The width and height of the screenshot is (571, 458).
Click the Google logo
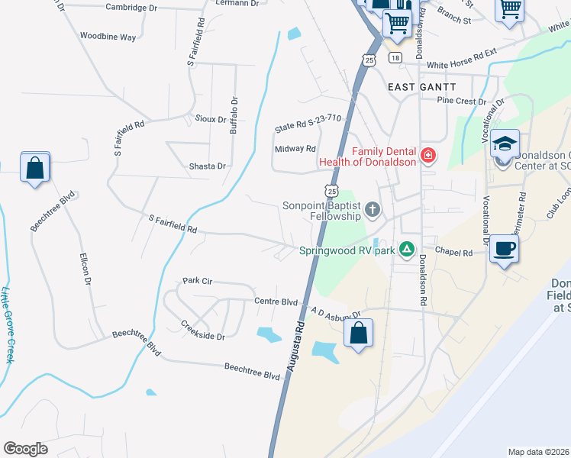click(26, 449)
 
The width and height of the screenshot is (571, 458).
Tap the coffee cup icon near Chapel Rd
click(505, 249)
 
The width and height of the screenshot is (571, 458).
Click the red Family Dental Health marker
click(428, 156)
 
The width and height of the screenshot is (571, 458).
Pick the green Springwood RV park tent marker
click(408, 250)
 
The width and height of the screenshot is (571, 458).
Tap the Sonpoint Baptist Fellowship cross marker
click(373, 210)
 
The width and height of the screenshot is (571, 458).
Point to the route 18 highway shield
click(394, 58)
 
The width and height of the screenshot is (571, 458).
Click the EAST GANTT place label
click(421, 88)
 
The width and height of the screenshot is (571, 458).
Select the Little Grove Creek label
click(8, 324)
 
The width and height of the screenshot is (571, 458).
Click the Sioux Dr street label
click(211, 120)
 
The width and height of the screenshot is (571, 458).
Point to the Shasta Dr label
click(208, 166)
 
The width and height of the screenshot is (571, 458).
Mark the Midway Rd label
click(295, 149)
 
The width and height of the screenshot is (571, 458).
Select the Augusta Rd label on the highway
click(296, 346)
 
